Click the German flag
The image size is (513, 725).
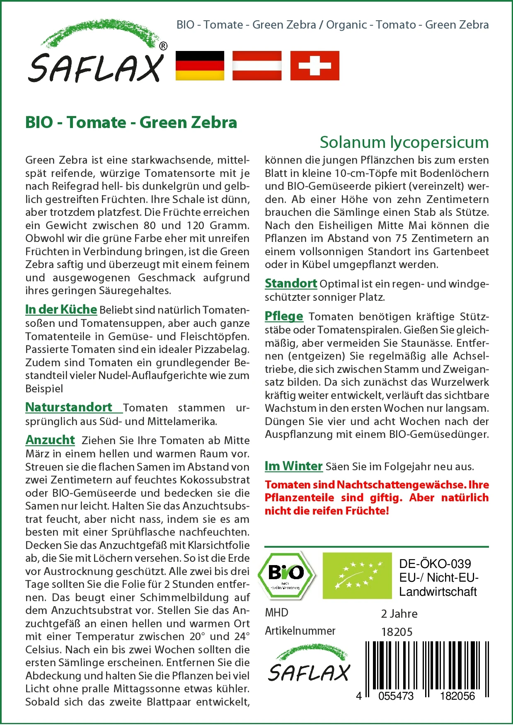point(200,65)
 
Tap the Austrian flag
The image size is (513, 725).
point(257,65)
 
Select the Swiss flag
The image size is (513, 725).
point(315,65)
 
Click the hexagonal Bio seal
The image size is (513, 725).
point(286,575)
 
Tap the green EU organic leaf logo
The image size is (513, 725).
point(357,575)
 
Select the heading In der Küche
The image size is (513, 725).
point(61,309)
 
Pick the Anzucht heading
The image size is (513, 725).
point(50,440)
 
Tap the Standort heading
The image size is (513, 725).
point(291,283)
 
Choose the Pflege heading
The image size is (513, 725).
point(284,316)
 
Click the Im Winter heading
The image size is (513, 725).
point(293,466)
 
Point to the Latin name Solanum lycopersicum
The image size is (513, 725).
point(404,142)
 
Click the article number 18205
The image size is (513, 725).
point(397,632)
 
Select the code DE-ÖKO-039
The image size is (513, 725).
point(435,564)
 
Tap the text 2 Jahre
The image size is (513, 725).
point(399,614)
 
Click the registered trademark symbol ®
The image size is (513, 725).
point(163,46)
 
